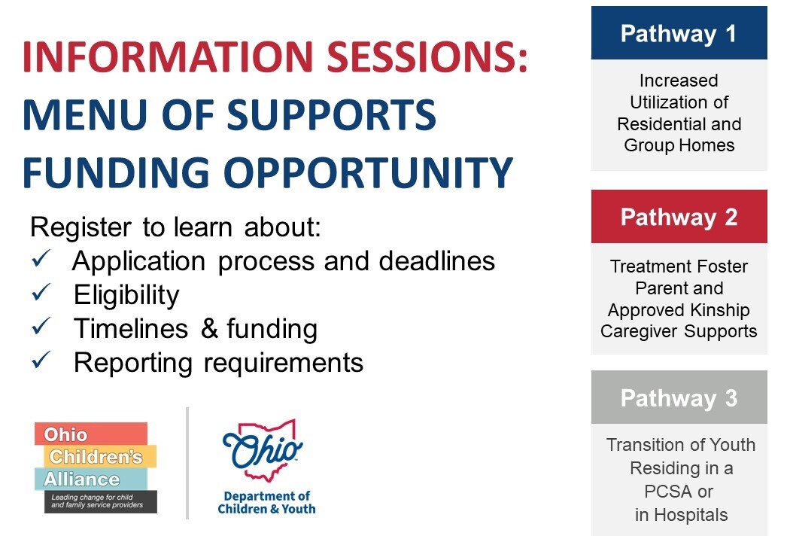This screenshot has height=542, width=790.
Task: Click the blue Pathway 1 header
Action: (679, 33)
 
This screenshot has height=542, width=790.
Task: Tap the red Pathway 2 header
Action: (679, 216)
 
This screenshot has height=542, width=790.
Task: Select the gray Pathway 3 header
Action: (679, 397)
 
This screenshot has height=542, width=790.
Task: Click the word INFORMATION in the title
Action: (169, 56)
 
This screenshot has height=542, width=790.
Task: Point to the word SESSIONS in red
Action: (427, 56)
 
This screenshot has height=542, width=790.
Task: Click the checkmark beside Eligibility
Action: (41, 292)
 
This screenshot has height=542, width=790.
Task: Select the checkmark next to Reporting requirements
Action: (41, 360)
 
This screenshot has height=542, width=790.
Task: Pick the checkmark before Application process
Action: (41, 258)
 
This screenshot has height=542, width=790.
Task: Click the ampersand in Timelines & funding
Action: (209, 329)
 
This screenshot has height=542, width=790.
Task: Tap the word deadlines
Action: (437, 261)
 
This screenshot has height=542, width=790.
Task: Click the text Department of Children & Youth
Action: (266, 503)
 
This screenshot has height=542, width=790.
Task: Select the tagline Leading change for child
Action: (93, 497)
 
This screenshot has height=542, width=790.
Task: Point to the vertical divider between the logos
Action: (187, 463)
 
